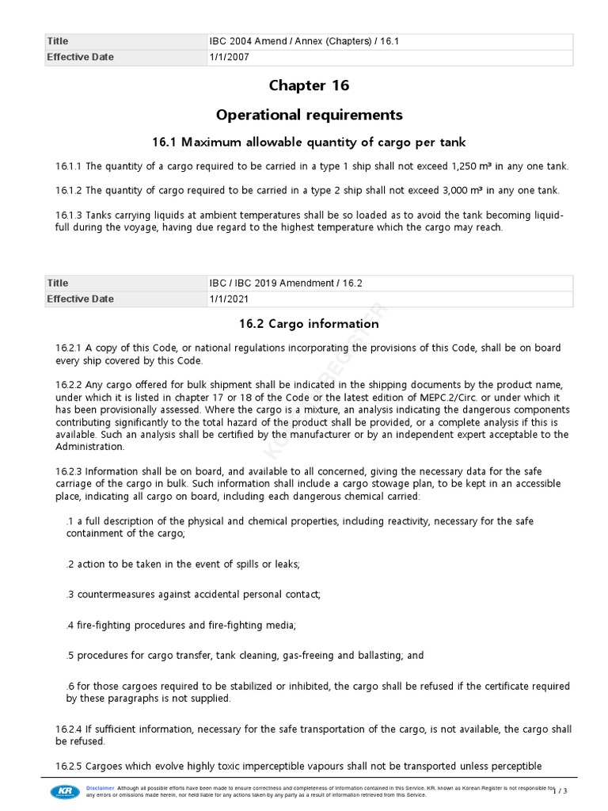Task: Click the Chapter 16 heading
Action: click(309, 86)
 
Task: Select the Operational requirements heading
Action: click(309, 115)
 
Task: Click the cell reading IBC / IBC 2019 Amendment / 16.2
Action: click(286, 283)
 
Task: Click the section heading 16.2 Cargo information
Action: click(309, 324)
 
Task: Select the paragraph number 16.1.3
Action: click(69, 215)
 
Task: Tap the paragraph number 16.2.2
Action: click(70, 385)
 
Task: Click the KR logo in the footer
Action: click(64, 792)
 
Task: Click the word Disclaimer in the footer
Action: click(101, 789)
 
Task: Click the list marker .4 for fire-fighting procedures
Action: click(70, 626)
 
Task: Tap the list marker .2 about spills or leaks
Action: click(70, 564)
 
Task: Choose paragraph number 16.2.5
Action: click(70, 766)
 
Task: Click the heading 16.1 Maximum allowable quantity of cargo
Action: click(309, 143)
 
